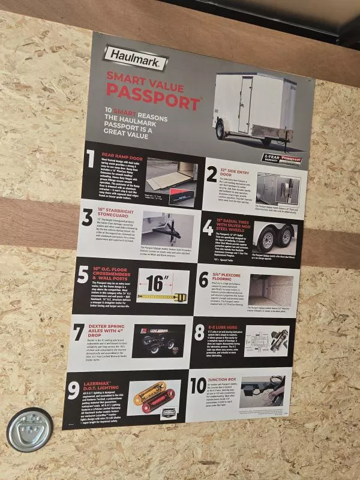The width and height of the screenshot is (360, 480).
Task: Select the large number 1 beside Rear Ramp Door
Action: pyautogui.click(x=91, y=160)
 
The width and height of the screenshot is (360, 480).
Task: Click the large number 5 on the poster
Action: pyautogui.click(x=83, y=275)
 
